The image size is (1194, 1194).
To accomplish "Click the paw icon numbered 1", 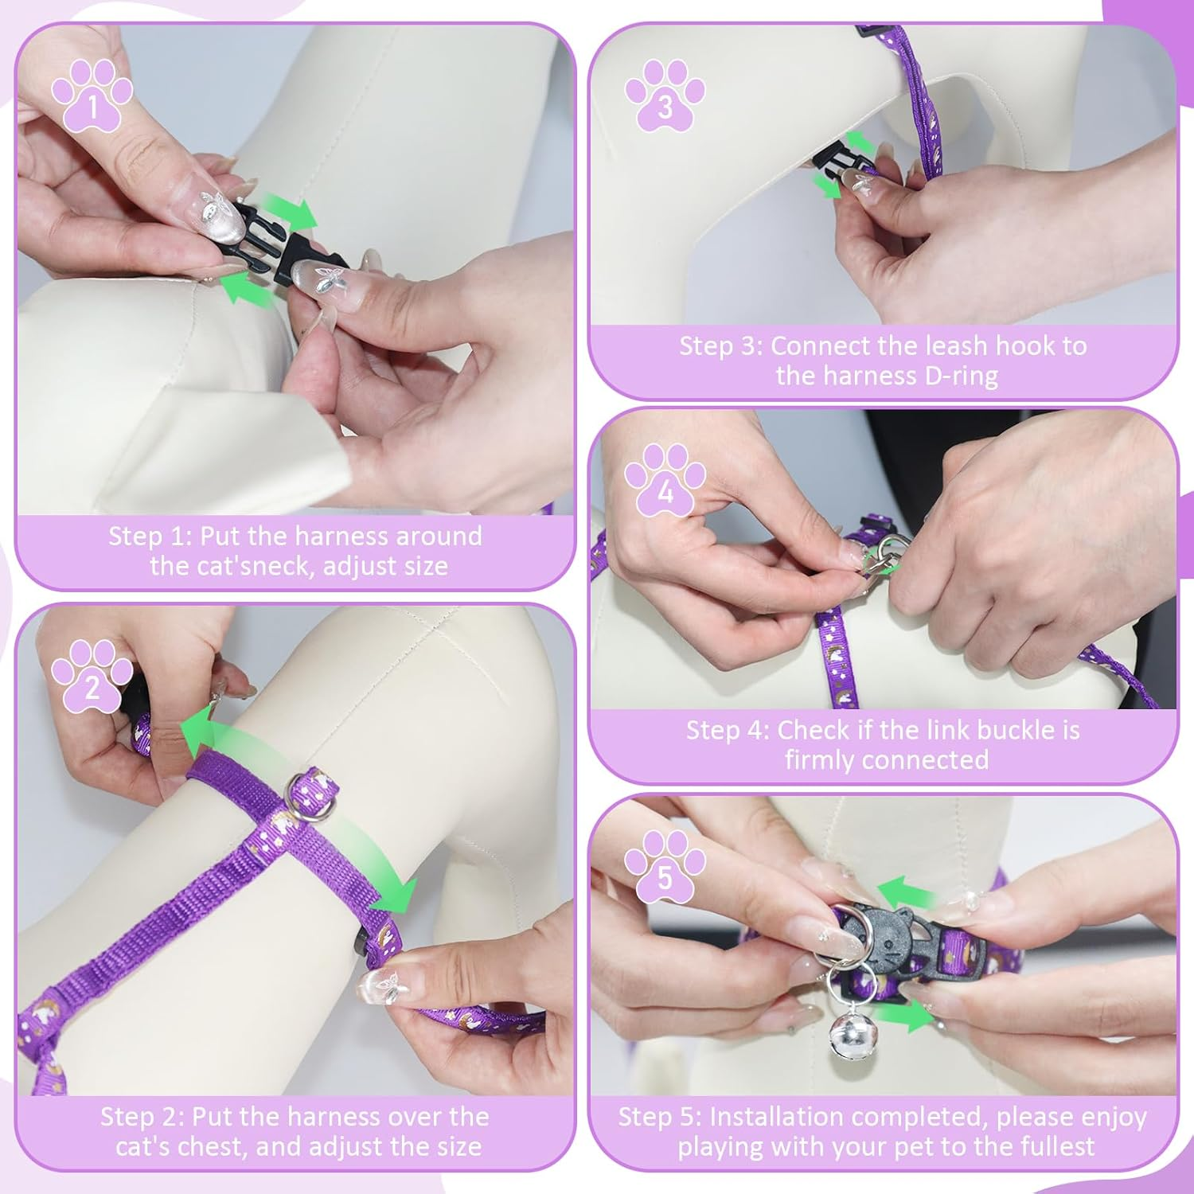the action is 92,94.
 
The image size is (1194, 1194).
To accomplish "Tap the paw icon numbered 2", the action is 92,676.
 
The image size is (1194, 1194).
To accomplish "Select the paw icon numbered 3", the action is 665,95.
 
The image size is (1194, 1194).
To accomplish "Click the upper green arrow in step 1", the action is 290,209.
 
